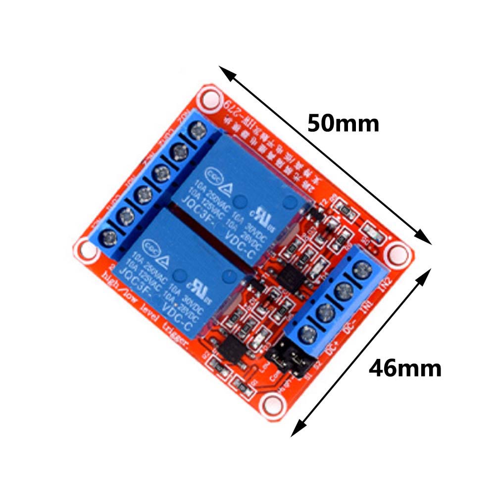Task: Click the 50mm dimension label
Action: tap(343, 123)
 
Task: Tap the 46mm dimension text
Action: tap(405, 368)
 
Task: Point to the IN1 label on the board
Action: tap(367, 309)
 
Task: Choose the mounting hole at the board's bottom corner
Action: tap(270, 403)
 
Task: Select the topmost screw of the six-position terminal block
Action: tap(198, 131)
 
